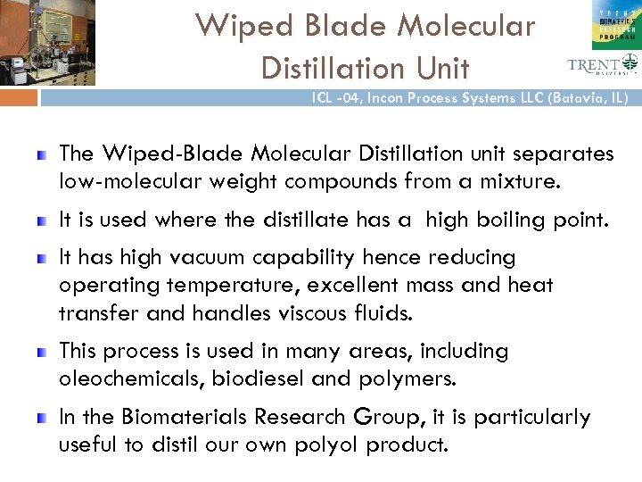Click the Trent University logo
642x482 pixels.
pyautogui.click(x=603, y=63)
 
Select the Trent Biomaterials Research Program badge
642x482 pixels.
pyautogui.click(x=615, y=24)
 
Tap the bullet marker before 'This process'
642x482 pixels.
pyautogui.click(x=41, y=352)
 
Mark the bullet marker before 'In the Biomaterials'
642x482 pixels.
pyautogui.click(x=41, y=417)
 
